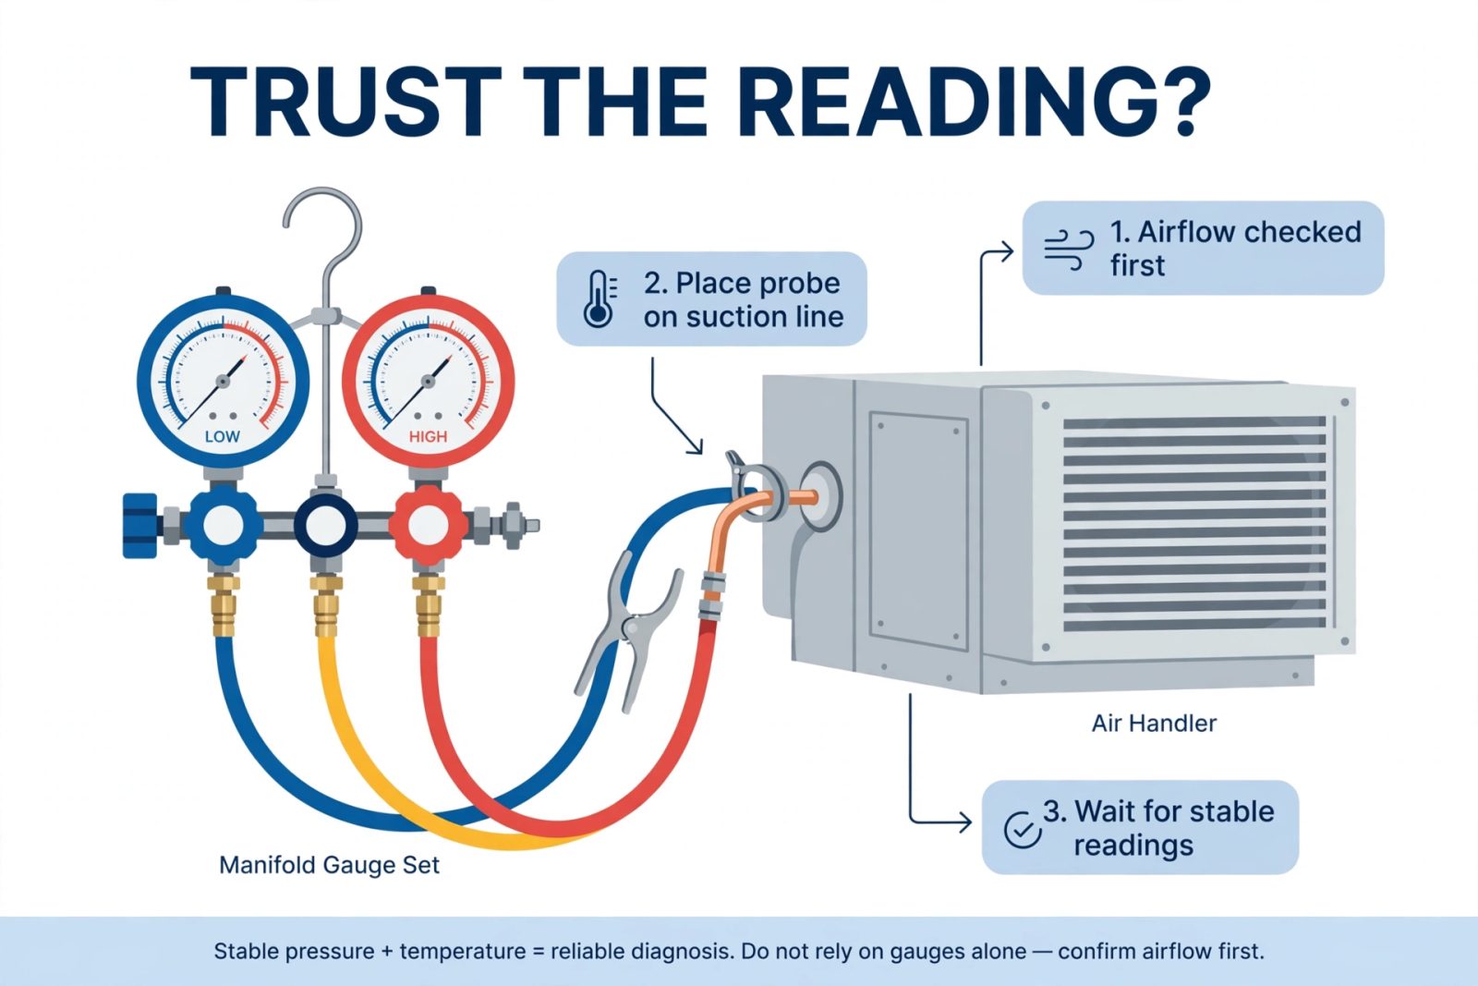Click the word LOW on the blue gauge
223,437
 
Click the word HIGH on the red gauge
429,437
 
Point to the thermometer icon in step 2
600,299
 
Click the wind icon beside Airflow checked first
1069,250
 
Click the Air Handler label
1154,724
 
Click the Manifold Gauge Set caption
329,865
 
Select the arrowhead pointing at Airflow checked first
1007,251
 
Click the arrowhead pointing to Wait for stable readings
964,822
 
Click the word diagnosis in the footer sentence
683,951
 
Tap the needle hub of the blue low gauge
223,382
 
